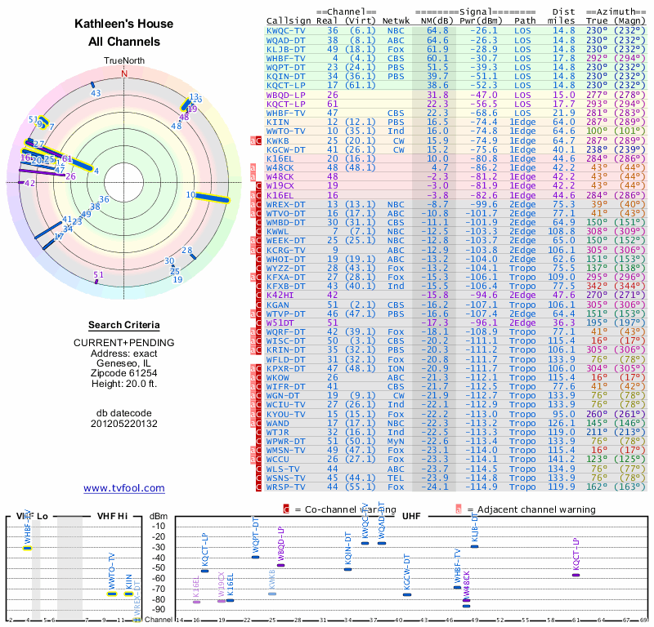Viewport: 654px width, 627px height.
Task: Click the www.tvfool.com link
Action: [x=123, y=488]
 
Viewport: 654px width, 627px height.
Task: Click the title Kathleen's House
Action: [x=123, y=24]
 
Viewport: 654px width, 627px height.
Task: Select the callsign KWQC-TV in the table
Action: [x=287, y=30]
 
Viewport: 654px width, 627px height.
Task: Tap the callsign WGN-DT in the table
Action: [x=287, y=394]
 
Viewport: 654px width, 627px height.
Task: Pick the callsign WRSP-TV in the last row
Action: [x=287, y=487]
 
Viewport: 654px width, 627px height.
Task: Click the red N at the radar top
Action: [x=124, y=72]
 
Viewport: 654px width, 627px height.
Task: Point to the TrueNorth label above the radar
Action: [x=124, y=61]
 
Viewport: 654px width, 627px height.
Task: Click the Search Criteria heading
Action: [x=123, y=325]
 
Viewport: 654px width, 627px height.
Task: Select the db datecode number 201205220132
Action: [x=123, y=423]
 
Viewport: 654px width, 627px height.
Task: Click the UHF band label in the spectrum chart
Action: [x=411, y=516]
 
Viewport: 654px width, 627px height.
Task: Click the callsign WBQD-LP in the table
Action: [x=287, y=95]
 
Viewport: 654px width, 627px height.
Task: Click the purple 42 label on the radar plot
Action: [x=30, y=183]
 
